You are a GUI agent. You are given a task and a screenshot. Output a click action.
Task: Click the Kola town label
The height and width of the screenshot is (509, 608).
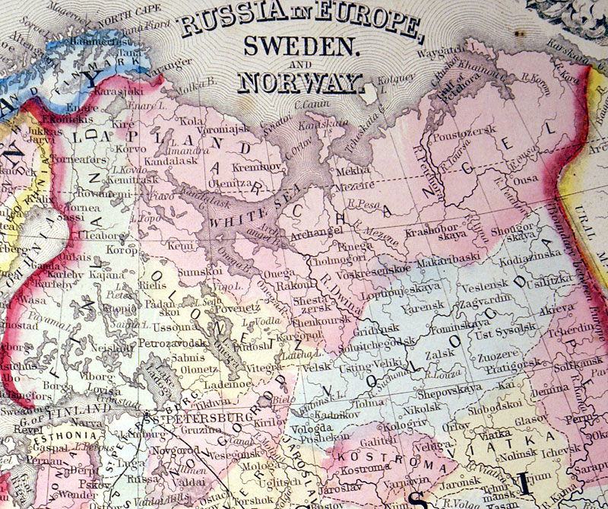191,120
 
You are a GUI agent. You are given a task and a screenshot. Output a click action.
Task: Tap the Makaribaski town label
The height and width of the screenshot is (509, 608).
446,260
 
